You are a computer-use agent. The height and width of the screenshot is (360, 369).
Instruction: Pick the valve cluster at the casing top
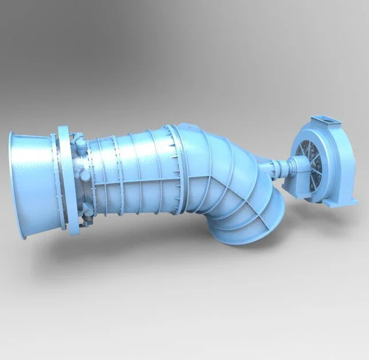[x=77, y=140]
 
